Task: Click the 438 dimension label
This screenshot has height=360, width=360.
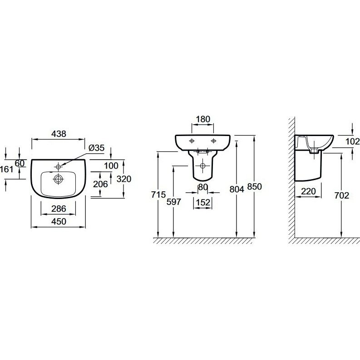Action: coord(59,134)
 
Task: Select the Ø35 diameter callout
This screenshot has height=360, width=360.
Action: coord(96,148)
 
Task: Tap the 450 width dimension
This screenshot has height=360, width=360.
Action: coord(59,221)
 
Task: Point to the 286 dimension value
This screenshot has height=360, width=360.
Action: coord(59,209)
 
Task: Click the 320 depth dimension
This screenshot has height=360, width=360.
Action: coord(123,179)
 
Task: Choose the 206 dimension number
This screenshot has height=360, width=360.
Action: coord(100,184)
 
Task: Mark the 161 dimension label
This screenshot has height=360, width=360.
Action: coord(7,169)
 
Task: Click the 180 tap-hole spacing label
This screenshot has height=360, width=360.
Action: coord(203,119)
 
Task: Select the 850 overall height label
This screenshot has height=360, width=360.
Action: coord(255,187)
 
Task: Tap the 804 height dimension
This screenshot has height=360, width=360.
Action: coord(237,189)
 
